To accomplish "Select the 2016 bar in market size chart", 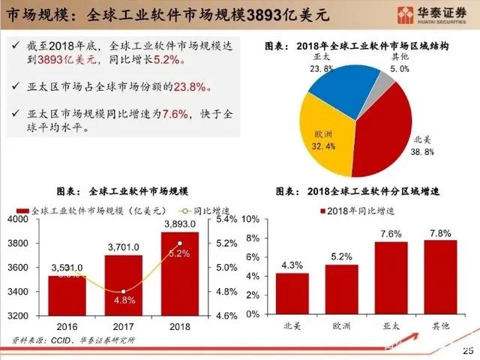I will (x=67, y=295).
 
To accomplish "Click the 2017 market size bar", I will (x=123, y=285).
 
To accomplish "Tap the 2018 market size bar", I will (x=180, y=274).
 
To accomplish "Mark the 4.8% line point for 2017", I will (x=123, y=292).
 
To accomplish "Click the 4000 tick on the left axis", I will (x=16, y=219).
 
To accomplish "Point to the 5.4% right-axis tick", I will (x=226, y=219).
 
